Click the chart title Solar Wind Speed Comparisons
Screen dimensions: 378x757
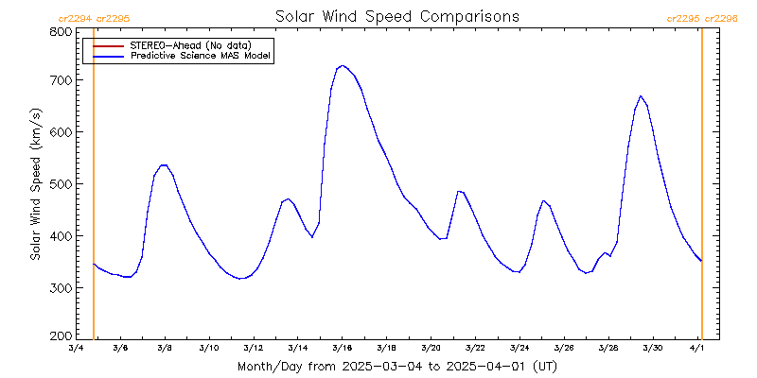tap(396, 17)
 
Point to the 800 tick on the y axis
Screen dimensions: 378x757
tap(61, 31)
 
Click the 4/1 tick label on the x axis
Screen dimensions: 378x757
tap(696, 349)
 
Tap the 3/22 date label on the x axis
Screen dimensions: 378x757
tap(475, 349)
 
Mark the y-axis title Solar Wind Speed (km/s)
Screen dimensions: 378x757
tap(35, 184)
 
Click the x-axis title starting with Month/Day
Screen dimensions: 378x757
tap(396, 366)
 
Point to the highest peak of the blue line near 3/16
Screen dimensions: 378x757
tap(342, 65)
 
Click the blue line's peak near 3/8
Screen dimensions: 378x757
tap(164, 164)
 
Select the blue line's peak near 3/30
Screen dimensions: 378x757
tap(641, 95)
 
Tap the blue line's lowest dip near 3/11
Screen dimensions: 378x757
tap(240, 279)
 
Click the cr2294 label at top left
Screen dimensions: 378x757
tap(75, 18)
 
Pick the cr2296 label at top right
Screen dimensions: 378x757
tap(719, 18)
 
